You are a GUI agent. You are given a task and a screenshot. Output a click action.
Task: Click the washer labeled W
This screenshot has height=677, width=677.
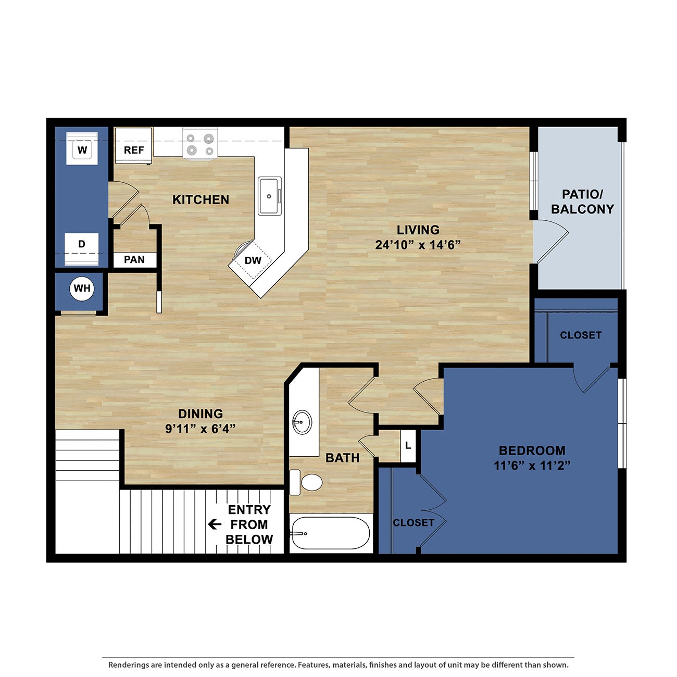pos(82,149)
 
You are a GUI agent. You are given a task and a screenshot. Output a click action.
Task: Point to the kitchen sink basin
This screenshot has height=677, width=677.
pos(270,196)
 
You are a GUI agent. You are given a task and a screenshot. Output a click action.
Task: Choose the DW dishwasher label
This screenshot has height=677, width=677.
pos(253,260)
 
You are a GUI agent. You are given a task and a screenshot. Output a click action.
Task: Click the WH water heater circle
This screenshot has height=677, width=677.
pos(82,289)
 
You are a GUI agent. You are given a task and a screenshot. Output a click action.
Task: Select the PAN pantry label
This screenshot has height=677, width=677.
pos(134,260)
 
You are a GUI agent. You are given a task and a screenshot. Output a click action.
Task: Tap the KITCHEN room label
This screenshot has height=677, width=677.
pos(200,200)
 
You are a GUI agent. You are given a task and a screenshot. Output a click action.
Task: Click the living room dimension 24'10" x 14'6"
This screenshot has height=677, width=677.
pos(418,245)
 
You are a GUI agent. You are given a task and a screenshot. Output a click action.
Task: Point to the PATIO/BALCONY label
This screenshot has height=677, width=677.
pos(582,202)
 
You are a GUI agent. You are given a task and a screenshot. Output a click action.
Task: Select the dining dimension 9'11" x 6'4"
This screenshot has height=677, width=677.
pos(200,429)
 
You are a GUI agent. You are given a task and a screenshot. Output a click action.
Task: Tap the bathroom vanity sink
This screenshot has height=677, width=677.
pos(302,421)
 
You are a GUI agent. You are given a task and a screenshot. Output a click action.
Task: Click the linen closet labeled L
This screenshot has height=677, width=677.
pos(408,446)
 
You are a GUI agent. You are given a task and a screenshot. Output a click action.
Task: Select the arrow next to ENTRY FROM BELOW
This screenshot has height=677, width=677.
pos(214,524)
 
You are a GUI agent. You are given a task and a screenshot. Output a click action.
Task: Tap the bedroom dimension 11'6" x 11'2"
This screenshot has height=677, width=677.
pos(532,466)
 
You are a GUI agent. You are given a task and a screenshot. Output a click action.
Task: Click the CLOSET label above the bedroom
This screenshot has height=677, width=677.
pos(580,335)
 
